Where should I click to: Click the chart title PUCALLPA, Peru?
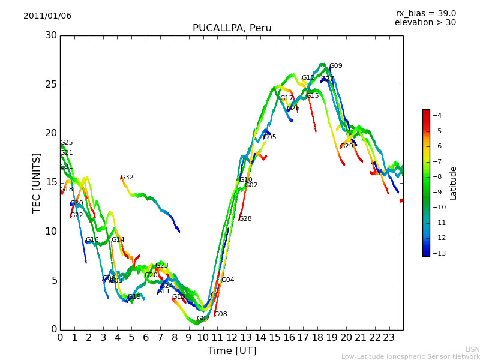click(x=232, y=28)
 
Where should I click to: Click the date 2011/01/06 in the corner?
click(x=47, y=16)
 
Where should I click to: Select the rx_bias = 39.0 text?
click(x=425, y=14)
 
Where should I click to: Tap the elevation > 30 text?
click(x=425, y=23)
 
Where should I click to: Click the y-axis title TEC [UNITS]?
click(x=37, y=182)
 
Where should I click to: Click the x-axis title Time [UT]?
click(x=232, y=351)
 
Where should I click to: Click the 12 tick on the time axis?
click(x=232, y=337)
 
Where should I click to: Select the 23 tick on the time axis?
click(x=389, y=337)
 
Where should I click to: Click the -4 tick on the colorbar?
click(x=438, y=115)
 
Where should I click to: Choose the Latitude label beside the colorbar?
click(x=454, y=182)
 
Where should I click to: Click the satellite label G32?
click(x=127, y=178)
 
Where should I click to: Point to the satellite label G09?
click(x=335, y=66)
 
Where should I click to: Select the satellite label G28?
click(x=245, y=219)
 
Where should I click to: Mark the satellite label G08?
click(x=221, y=314)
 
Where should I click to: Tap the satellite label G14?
click(x=118, y=240)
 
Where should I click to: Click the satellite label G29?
click(x=347, y=146)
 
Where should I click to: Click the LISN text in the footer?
click(x=472, y=349)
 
